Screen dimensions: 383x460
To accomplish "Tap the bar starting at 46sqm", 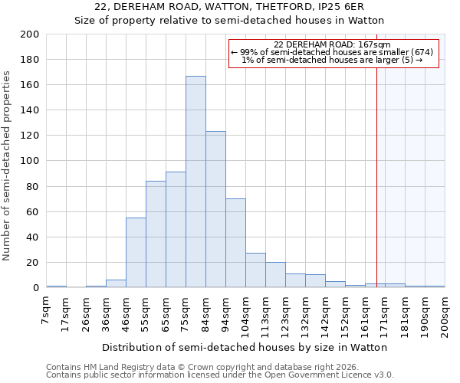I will point(136,253).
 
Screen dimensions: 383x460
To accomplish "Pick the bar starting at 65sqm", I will point(176,230).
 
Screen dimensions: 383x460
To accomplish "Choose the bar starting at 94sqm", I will point(235,243).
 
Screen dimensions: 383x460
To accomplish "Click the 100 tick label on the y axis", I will point(30,161).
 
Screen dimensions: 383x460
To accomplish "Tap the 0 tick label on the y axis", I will point(36,288).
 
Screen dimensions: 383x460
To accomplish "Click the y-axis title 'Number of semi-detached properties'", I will point(8,165).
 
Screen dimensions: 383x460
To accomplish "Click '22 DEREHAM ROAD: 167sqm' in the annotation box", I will point(332,44).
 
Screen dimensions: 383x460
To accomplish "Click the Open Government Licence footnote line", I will point(220,375).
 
